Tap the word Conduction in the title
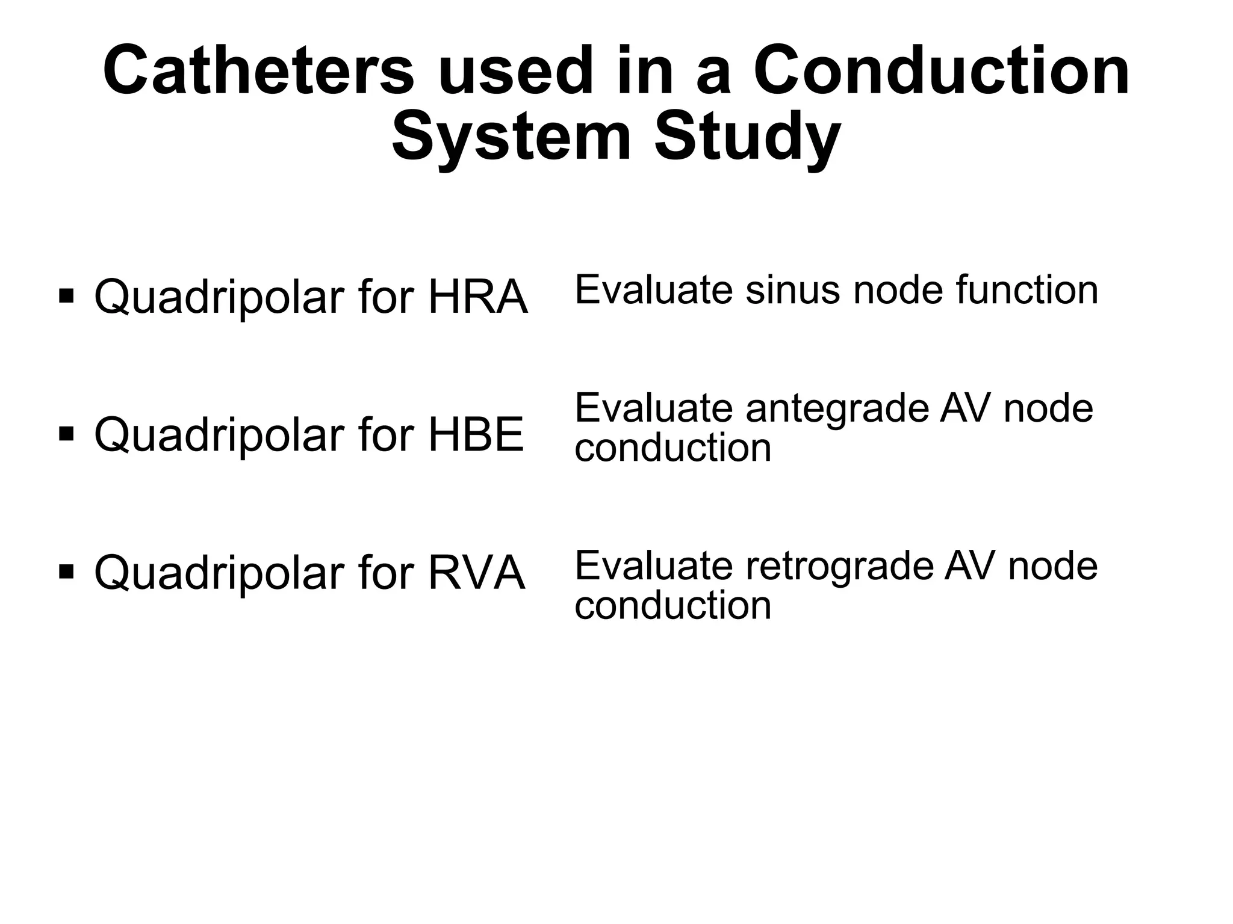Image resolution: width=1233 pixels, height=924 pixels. pos(941,71)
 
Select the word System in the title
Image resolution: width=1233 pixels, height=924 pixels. pos(511,138)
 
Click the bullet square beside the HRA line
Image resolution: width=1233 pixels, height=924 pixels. pos(66,296)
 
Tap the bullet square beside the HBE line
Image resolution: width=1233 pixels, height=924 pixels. pos(66,434)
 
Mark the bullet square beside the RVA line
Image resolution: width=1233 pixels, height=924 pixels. pos(66,571)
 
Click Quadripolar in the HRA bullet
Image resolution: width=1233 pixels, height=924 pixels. pos(220,298)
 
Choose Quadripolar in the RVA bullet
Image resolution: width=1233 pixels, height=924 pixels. pos(220,573)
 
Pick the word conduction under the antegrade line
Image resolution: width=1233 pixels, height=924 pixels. pos(672,448)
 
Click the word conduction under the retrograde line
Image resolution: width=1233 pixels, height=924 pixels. pos(672,605)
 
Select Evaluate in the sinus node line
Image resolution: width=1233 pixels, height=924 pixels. pos(654,290)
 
